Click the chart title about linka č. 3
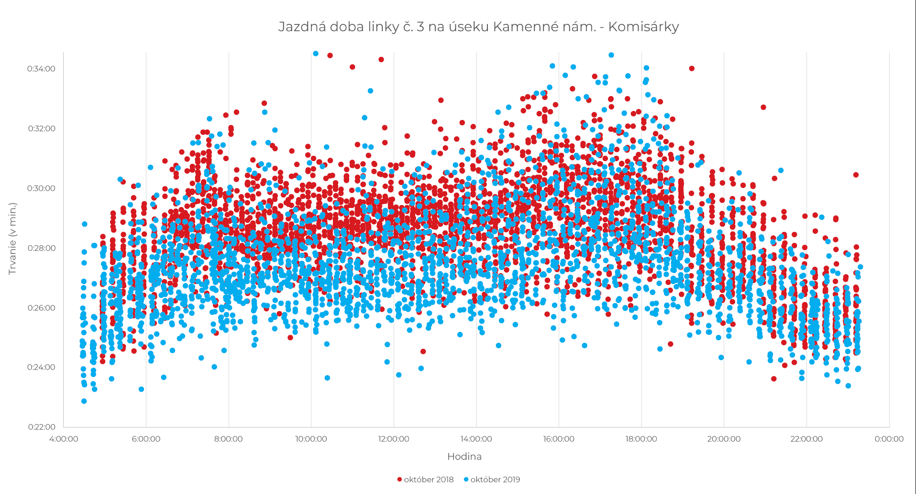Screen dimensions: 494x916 coord(478,27)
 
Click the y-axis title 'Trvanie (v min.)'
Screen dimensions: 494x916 coord(12,239)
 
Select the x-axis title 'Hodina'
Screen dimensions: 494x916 coord(464,457)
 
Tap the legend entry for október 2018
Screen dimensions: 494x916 coord(425,480)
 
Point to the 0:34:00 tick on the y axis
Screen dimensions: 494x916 coord(41,69)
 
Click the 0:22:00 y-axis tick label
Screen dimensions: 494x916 coord(41,427)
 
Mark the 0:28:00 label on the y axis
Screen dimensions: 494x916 coord(41,248)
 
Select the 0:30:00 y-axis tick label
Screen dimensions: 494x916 coord(41,188)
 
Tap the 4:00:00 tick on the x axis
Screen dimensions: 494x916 coord(64,439)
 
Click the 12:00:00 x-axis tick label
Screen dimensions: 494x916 coord(394,439)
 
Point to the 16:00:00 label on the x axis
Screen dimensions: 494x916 coord(559,439)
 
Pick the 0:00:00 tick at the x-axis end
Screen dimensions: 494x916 coord(889,439)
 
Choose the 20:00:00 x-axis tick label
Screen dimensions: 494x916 coord(724,439)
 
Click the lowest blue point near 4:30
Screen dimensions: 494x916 coord(84,401)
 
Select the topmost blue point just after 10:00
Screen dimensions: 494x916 coord(316,54)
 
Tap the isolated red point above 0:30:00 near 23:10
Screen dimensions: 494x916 coord(856,175)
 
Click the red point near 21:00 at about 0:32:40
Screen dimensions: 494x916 coord(763,107)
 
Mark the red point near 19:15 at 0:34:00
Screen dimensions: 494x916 coord(692,68)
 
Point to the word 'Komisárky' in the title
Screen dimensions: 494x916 coord(651,27)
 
